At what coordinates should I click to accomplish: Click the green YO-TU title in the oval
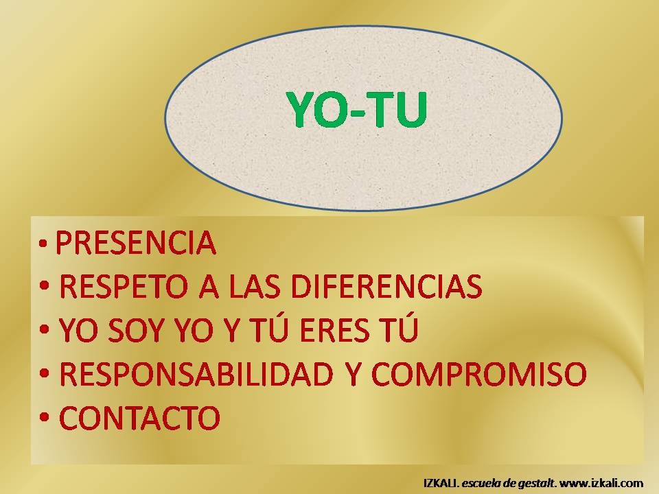coord(357,108)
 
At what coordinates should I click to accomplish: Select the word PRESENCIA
coord(136,242)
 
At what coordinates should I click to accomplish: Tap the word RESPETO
coord(124,286)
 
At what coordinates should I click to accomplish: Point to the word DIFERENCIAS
coord(386,286)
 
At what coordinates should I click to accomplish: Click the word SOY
coord(135,330)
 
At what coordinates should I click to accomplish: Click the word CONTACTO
coord(140,418)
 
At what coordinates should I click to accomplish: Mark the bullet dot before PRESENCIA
coord(43,243)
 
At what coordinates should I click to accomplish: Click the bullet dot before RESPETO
coord(44,287)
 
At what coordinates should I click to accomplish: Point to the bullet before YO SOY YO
coord(44,330)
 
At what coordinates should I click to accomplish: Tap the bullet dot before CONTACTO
coord(44,417)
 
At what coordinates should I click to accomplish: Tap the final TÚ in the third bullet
coord(400,328)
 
